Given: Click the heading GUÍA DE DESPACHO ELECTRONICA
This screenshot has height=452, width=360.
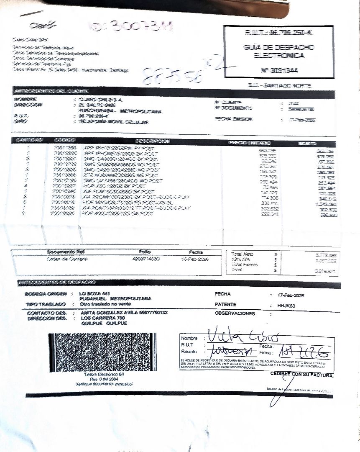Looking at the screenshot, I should pos(279,51).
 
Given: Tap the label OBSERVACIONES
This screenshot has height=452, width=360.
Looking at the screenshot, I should pos(235,313).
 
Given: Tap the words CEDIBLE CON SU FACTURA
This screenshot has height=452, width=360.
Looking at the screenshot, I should pos(302,375).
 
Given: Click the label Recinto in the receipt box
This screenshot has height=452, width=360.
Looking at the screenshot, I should pos(189,352).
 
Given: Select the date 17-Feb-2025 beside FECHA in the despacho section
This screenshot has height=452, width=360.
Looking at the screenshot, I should pos(291,295).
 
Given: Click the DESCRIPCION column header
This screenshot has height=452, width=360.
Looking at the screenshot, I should pos(153,141).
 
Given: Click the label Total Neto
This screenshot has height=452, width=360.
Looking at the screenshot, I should pos(242,254).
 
